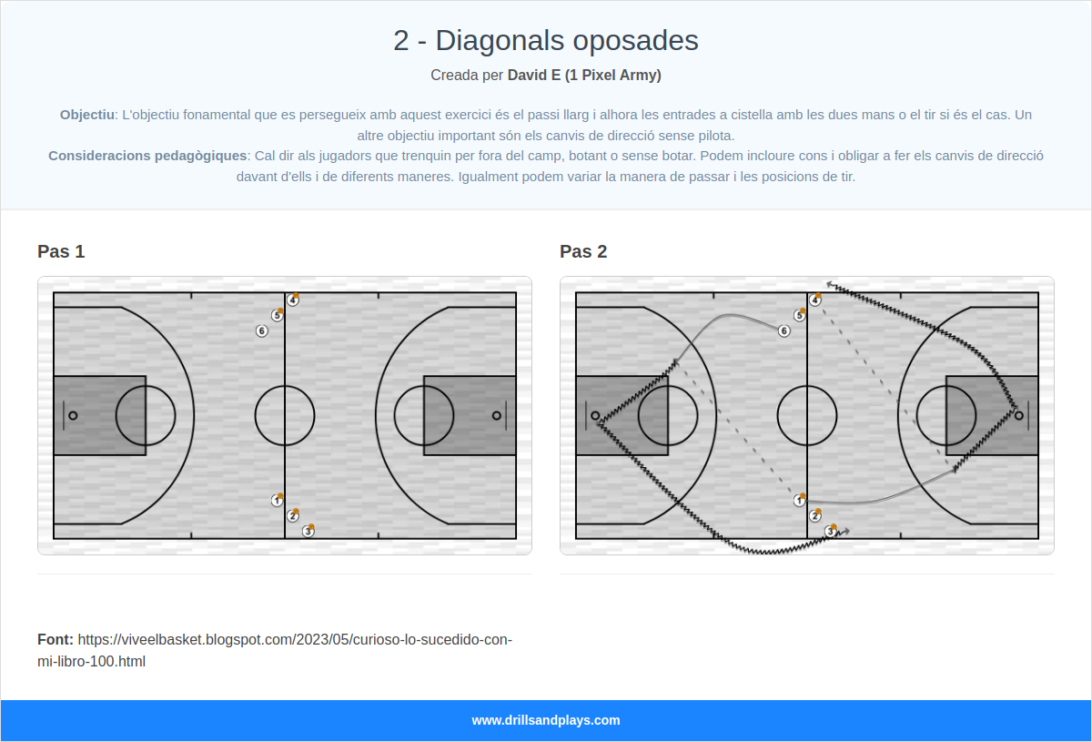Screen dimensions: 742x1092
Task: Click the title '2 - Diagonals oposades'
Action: pos(545,40)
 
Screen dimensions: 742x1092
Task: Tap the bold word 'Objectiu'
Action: pos(87,115)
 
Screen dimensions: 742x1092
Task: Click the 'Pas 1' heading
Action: pos(61,251)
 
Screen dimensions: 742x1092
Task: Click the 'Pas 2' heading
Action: pos(583,251)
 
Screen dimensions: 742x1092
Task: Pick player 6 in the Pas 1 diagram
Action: pos(261,330)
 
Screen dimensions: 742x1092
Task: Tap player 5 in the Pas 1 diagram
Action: pos(277,316)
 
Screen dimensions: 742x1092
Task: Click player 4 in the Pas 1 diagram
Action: pos(292,300)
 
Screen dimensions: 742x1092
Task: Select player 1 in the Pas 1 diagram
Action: pos(277,501)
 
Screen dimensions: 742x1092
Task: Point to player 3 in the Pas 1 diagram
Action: pos(308,531)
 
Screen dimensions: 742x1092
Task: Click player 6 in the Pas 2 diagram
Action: pos(784,330)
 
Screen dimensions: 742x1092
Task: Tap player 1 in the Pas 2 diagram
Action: pos(799,501)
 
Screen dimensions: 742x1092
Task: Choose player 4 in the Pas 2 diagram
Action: pos(814,300)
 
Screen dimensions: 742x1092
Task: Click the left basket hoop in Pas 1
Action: pos(74,415)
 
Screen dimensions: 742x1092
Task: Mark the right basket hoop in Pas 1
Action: pos(496,415)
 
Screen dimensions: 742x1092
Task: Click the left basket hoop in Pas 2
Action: pos(596,415)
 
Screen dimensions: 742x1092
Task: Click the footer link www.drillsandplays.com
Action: pos(545,720)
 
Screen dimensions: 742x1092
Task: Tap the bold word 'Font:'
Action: pos(56,639)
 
